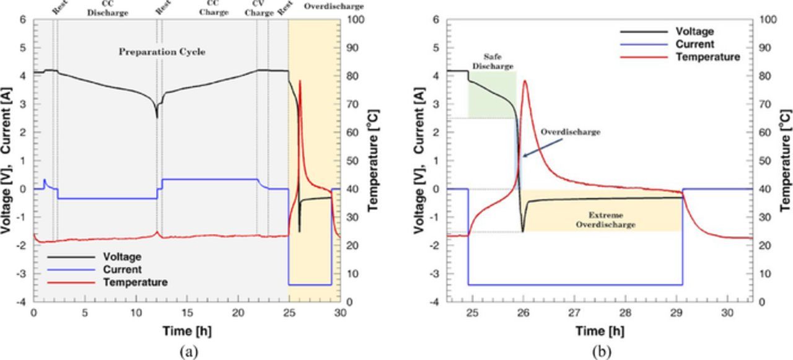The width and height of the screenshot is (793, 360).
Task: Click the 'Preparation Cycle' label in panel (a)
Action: (162, 52)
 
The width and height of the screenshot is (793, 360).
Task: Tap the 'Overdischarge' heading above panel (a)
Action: (334, 7)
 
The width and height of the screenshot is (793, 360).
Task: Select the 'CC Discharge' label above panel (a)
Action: (108, 8)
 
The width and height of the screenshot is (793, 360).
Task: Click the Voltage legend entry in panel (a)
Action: (122, 257)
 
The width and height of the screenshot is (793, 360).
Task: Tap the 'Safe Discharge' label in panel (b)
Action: (493, 61)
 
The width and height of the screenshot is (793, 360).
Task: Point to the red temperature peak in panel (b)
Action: (525, 81)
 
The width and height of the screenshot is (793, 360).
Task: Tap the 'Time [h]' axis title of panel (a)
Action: (186, 331)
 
